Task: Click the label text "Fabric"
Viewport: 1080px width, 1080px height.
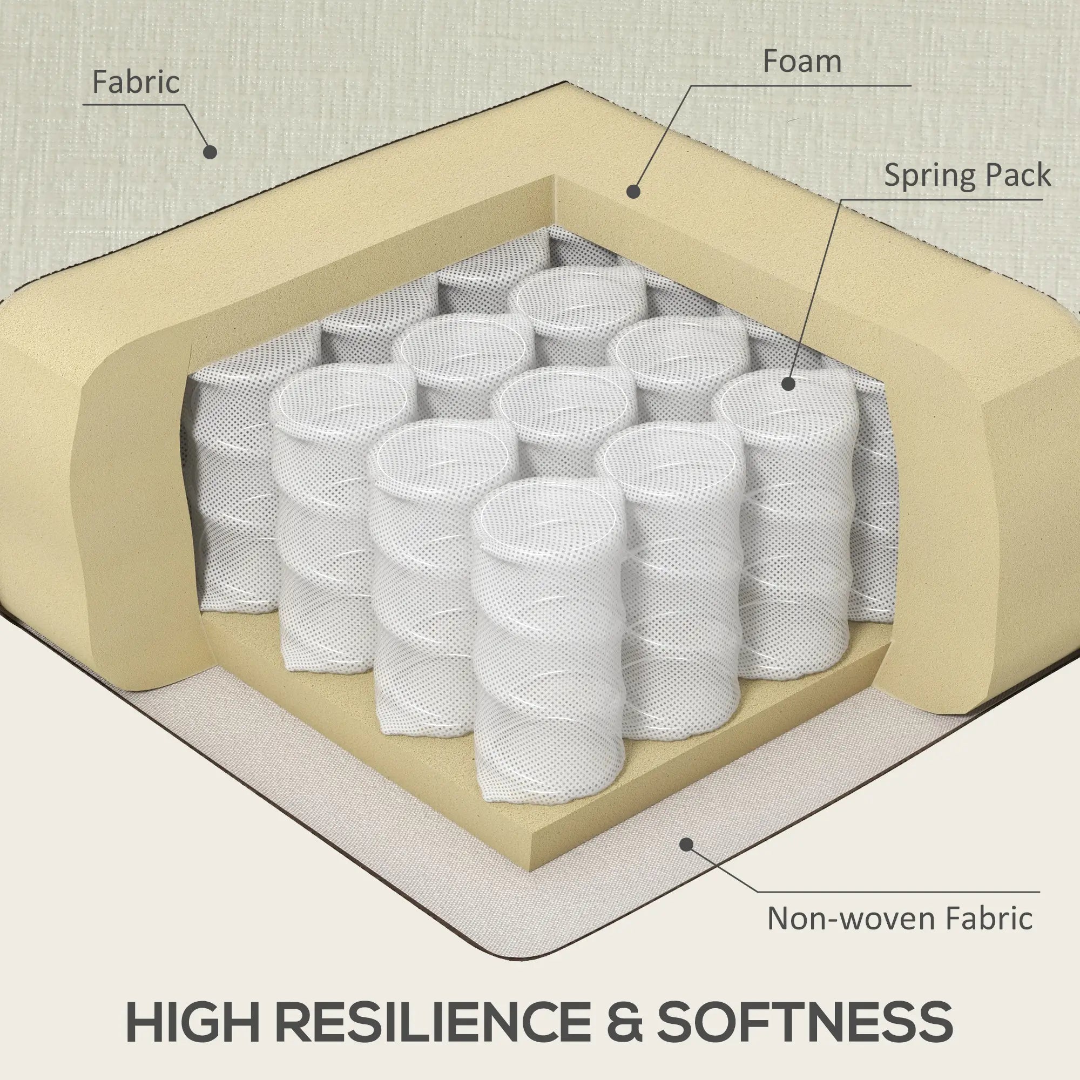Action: (x=136, y=83)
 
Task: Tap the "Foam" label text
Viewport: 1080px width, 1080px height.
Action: (x=802, y=62)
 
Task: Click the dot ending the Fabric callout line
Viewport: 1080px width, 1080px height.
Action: (x=210, y=152)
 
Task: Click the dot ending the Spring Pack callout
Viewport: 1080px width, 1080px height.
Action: (x=788, y=384)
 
